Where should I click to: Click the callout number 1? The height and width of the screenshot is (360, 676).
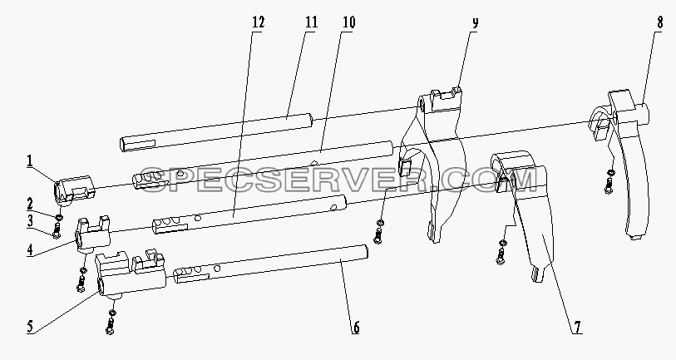point(30,161)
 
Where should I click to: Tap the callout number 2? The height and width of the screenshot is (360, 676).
point(30,204)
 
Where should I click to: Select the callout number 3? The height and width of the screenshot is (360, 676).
point(30,221)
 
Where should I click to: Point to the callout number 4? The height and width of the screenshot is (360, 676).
point(30,249)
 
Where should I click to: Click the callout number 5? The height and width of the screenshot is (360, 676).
point(30,327)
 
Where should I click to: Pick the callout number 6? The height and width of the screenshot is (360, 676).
point(356,328)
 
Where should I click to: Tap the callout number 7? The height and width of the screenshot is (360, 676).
point(577,328)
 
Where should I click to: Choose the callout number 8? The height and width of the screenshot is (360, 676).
point(660,22)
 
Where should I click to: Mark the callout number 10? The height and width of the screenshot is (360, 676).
point(348,22)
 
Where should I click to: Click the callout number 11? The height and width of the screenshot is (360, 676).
point(311,22)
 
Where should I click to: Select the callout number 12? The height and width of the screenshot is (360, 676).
point(258,22)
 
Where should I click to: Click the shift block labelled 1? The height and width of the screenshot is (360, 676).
point(74,189)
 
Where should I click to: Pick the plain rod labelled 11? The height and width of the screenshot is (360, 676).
point(215,132)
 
